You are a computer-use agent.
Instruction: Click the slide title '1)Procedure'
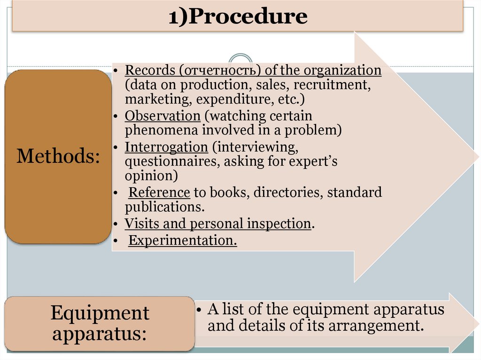click(238, 17)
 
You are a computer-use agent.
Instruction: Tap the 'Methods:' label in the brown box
click(58, 156)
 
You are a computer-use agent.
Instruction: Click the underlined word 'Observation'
click(156, 116)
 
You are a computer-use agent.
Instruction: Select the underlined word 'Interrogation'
click(166, 147)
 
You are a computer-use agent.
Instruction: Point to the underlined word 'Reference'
click(159, 192)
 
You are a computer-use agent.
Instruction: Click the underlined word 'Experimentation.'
click(183, 241)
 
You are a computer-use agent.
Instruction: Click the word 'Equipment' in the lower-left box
click(100, 313)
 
